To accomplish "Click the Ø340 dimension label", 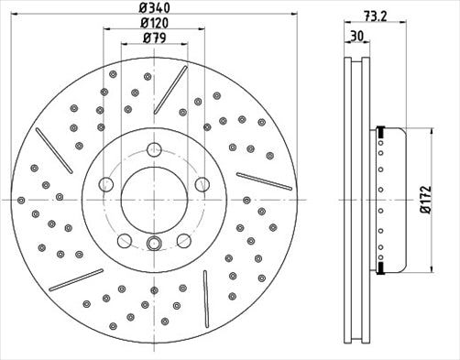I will click(x=153, y=7).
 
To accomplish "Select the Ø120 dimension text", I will click(x=153, y=22).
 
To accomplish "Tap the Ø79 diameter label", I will click(x=153, y=38).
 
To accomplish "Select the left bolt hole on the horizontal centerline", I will click(x=107, y=185).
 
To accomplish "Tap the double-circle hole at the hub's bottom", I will click(x=154, y=243).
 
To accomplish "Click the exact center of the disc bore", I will click(x=154, y=198).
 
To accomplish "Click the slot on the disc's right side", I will click(x=264, y=181).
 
